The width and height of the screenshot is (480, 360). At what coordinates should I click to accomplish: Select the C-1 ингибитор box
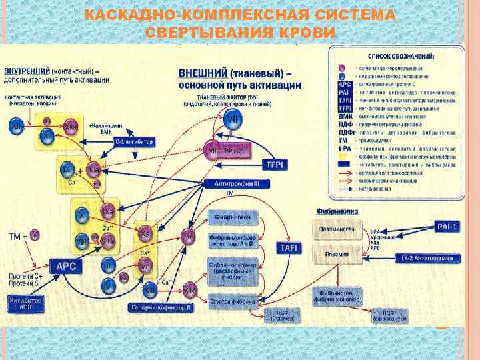133,141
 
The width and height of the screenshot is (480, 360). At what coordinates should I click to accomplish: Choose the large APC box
69,266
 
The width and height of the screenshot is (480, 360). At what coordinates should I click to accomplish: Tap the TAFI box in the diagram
289,247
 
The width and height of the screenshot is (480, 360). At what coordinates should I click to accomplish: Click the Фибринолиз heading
335,211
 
